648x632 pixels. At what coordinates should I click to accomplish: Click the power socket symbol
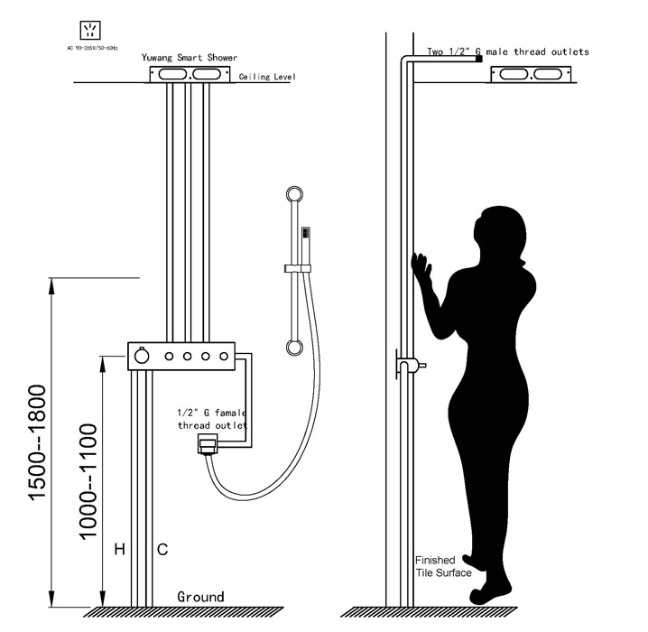click(x=89, y=30)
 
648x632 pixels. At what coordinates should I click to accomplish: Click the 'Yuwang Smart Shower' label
click(x=190, y=58)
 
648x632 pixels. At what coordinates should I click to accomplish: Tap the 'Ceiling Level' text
click(x=267, y=77)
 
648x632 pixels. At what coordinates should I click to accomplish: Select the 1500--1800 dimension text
click(x=37, y=442)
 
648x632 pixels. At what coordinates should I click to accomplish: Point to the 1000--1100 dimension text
click(x=88, y=482)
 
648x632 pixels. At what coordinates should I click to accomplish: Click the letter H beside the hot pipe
click(x=120, y=549)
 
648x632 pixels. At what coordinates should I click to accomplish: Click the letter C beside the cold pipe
click(x=162, y=549)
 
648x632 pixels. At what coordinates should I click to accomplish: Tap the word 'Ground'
click(x=201, y=597)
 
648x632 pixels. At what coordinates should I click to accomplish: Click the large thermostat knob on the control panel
click(x=142, y=356)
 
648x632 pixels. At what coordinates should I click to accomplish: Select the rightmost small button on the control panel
click(x=224, y=356)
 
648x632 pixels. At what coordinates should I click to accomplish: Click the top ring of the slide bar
click(x=294, y=194)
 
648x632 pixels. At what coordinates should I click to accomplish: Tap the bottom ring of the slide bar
click(x=294, y=348)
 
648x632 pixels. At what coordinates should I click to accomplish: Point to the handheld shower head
click(x=306, y=246)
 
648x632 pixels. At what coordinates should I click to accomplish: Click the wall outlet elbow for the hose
click(x=208, y=444)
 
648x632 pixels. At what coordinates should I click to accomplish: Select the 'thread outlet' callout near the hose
click(x=213, y=425)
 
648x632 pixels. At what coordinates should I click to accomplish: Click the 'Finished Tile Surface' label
click(x=443, y=566)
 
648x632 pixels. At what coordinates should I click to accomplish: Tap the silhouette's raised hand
click(x=421, y=266)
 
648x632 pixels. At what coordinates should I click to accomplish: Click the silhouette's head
click(x=501, y=234)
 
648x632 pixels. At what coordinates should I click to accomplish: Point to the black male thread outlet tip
click(x=479, y=59)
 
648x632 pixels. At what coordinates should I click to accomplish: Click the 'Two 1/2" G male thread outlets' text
click(x=508, y=51)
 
